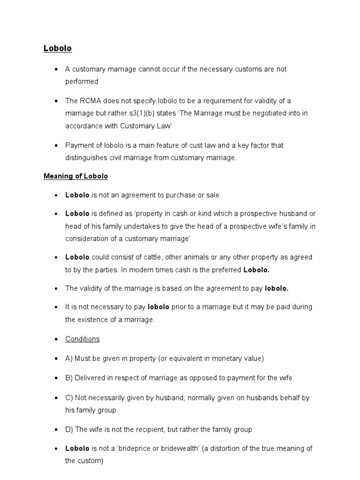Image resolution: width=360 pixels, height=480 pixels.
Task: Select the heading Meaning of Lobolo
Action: coord(75,176)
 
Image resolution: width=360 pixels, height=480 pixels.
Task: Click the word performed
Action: coord(82,82)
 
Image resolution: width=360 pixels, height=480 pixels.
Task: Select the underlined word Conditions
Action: coord(82,339)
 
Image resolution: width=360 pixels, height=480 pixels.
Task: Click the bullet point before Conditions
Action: coord(56,339)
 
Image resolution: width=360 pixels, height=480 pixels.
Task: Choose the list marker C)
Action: coord(69,397)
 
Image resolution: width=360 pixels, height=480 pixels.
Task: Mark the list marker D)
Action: coord(69,429)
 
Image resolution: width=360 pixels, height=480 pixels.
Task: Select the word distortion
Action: coord(231,449)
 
